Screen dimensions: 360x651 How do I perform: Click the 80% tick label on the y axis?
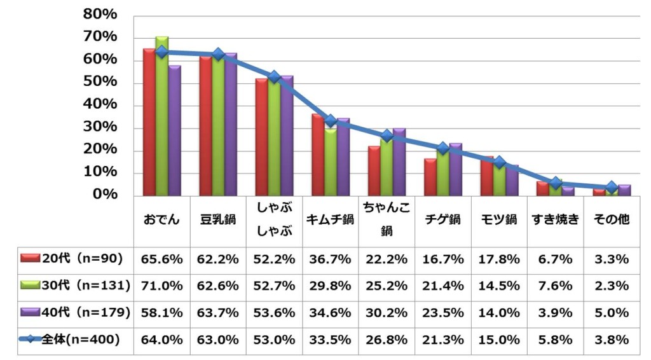point(100,14)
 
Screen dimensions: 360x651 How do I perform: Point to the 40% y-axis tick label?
point(100,104)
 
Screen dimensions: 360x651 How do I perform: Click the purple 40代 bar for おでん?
point(174,130)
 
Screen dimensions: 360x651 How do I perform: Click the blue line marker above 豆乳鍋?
point(218,55)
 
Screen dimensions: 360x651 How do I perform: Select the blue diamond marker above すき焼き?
point(556,183)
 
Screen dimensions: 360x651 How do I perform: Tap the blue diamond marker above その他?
point(612,187)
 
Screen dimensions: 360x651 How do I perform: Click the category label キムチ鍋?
point(331,219)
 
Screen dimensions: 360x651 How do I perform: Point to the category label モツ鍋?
point(499,219)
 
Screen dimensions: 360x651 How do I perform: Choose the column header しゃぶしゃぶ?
point(274,219)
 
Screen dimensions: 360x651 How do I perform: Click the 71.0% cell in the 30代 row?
point(162,286)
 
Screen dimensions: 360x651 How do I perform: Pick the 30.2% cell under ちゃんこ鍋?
point(387,313)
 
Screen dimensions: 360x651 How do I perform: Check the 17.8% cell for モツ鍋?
point(499,259)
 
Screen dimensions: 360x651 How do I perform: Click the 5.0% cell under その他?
point(612,313)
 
